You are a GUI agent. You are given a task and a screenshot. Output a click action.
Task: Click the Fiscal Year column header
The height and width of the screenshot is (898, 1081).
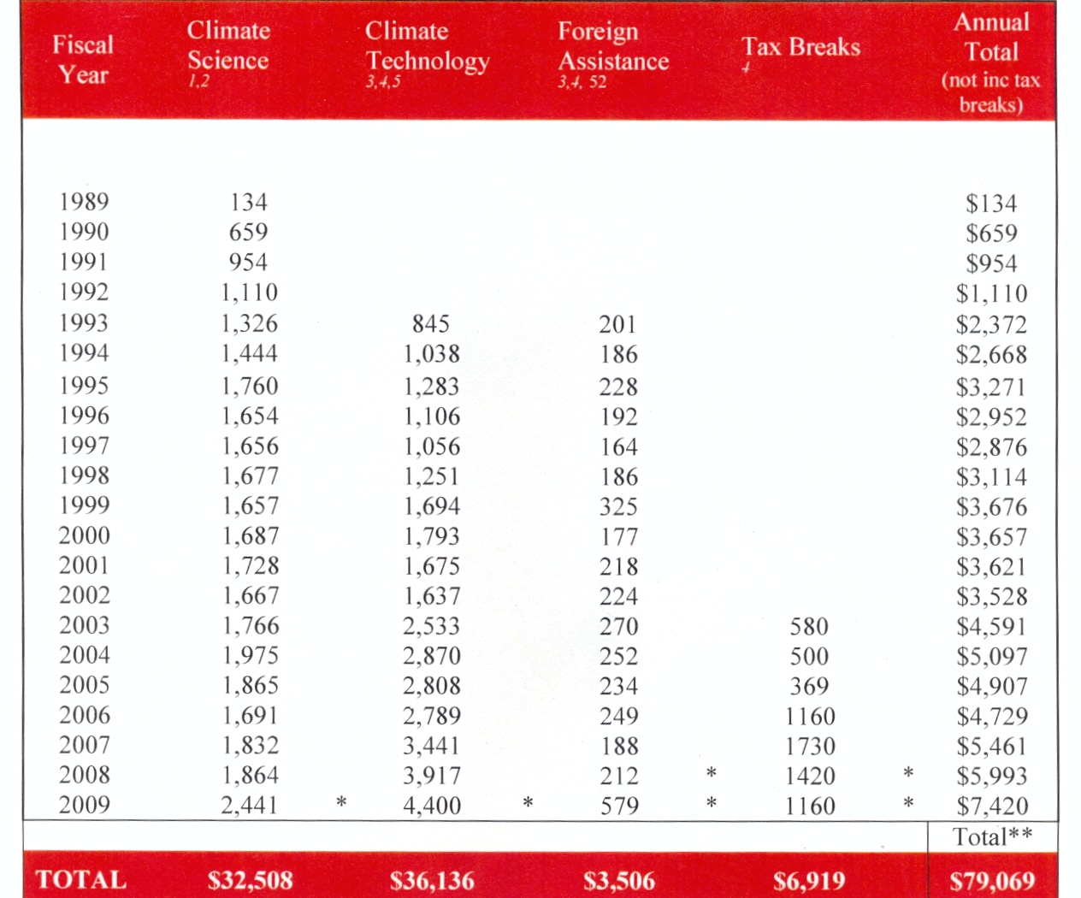(x=83, y=59)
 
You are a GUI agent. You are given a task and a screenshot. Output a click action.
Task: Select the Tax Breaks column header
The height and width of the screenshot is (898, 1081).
(x=800, y=47)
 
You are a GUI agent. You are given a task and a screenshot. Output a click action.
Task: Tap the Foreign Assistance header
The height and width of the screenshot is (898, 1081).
(x=612, y=47)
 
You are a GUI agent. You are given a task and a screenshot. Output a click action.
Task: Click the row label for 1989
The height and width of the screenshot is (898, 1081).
(x=84, y=202)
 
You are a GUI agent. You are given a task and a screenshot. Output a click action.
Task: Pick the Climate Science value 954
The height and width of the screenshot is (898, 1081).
(x=248, y=263)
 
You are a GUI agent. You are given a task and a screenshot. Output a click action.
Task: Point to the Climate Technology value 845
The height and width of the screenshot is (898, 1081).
(x=430, y=324)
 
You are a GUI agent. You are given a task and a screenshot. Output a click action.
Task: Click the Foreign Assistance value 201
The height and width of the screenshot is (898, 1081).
(x=617, y=325)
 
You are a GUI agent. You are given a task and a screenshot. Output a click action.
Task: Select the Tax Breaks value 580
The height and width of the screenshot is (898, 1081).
(x=808, y=627)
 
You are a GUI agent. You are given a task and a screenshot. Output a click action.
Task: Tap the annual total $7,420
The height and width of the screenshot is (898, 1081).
(x=992, y=806)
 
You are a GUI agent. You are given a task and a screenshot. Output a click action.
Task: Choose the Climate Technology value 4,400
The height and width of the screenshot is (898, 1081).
(x=432, y=806)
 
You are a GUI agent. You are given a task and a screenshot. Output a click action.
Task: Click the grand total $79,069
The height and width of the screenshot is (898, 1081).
(x=992, y=881)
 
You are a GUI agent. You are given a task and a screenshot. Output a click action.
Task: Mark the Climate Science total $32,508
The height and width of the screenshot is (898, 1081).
(x=250, y=881)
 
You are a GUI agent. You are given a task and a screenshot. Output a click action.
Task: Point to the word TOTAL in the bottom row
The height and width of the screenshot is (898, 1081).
(x=81, y=880)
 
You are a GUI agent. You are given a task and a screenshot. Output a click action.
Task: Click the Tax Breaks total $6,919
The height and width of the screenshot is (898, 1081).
(x=809, y=881)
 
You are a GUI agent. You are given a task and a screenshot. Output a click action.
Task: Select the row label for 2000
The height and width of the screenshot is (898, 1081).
(x=84, y=536)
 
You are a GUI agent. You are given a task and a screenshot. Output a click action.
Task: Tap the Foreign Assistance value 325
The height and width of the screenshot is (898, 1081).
(x=618, y=507)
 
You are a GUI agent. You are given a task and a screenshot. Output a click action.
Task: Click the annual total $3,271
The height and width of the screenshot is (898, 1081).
(x=991, y=387)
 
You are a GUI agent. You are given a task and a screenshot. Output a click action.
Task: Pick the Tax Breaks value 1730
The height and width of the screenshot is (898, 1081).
(x=810, y=747)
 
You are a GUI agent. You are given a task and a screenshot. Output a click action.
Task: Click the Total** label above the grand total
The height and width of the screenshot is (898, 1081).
(x=992, y=836)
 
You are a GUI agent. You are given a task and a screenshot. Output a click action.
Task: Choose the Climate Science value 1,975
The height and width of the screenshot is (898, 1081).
(x=251, y=656)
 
